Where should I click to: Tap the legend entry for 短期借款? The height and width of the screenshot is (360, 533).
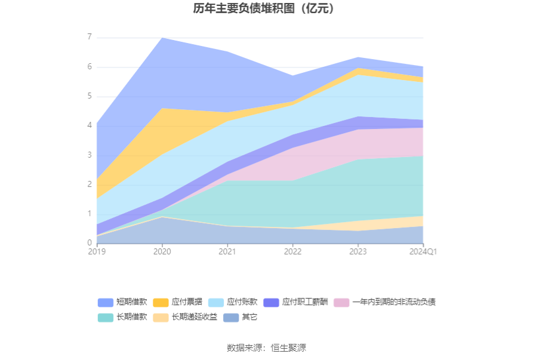122,302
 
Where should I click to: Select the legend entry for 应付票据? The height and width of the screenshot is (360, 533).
177,302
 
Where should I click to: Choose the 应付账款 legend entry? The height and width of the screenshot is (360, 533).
233,302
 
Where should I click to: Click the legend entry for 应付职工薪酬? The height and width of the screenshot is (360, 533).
295,302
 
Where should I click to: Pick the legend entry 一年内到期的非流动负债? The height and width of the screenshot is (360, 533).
384,302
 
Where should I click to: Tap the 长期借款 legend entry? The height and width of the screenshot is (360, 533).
122,317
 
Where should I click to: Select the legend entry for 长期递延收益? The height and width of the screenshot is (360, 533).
185,317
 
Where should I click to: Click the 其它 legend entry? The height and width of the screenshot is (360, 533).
241,317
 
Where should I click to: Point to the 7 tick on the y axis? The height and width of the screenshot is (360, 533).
90,36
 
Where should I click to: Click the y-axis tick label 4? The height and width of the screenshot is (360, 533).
90,125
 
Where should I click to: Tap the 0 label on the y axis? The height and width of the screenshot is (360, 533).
90,243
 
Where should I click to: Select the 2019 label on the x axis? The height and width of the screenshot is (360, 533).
97,251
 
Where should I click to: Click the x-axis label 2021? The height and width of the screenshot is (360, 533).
227,251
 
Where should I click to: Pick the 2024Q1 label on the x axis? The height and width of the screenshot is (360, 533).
423,251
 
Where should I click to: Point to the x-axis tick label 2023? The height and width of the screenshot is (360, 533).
358,251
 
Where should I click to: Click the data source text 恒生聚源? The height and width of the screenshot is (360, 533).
288,348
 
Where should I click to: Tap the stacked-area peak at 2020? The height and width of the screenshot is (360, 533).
162,38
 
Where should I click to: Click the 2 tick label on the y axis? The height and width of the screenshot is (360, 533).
90,184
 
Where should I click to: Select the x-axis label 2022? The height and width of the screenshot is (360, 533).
292,251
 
